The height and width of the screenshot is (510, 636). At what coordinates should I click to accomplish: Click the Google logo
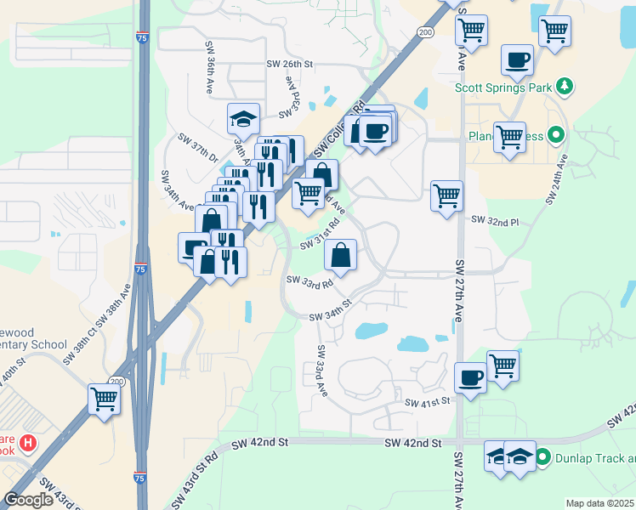[x=29, y=500]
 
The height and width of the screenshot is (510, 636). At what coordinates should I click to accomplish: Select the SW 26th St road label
[x=290, y=64]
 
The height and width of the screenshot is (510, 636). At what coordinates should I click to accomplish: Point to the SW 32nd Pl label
[x=495, y=222]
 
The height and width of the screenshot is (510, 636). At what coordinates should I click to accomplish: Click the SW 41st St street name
[x=426, y=402]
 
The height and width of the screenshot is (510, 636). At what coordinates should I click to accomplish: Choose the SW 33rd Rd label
[x=309, y=282]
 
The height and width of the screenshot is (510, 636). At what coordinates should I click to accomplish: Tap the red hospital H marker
[x=28, y=443]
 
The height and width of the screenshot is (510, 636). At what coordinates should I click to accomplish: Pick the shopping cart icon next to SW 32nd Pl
[x=446, y=195]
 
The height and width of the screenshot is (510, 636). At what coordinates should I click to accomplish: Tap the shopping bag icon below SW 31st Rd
[x=339, y=254]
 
